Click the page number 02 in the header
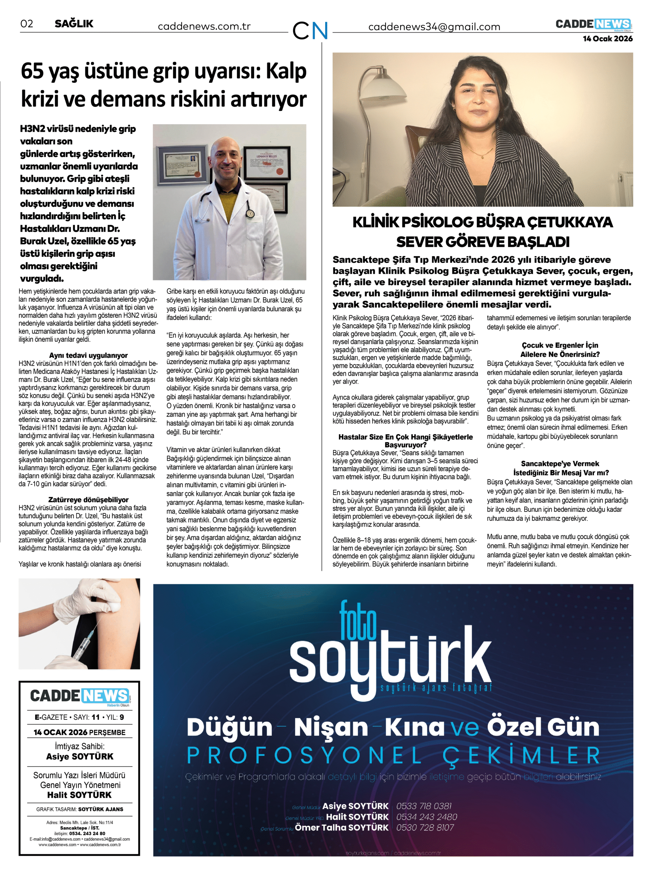[x=27, y=24]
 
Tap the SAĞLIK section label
[x=74, y=24]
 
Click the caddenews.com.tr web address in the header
[x=204, y=26]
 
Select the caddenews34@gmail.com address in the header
[x=434, y=27]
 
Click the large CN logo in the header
[x=310, y=30]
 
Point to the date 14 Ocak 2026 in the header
[x=608, y=39]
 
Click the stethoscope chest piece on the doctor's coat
[x=250, y=213]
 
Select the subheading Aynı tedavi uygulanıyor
[x=89, y=355]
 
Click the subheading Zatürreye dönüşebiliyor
[x=89, y=499]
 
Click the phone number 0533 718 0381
[x=424, y=806]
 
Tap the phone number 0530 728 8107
[x=425, y=827]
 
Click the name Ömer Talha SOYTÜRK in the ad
[x=342, y=827]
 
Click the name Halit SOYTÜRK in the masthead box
[x=80, y=795]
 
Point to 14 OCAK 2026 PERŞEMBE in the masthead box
[x=79, y=732]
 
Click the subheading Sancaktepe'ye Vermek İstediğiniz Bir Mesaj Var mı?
[x=560, y=468]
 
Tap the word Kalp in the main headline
[x=286, y=71]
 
